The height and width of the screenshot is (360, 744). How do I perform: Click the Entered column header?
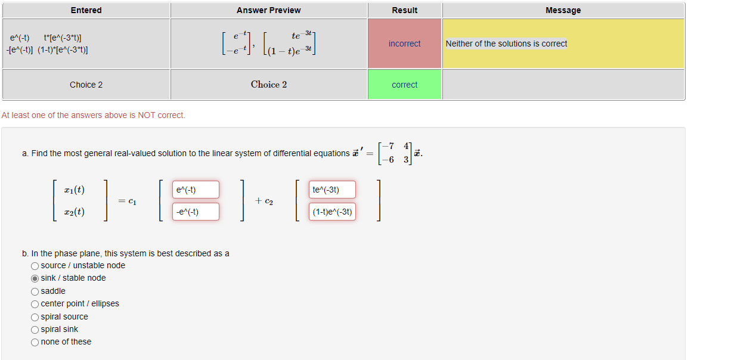86,10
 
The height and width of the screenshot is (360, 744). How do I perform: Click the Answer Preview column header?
268,10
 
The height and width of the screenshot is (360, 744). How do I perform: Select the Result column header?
404,10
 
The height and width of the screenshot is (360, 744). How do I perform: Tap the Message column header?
563,10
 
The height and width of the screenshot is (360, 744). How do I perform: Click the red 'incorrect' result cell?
404,44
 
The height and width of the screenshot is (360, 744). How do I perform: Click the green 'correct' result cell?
404,85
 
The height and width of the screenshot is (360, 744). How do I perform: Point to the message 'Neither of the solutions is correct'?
506,44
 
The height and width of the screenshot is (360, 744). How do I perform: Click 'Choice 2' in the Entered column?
86,85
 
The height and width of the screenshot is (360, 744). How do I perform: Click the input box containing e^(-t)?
196,190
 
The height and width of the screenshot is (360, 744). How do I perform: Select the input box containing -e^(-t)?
196,212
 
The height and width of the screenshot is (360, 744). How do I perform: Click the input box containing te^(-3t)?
332,190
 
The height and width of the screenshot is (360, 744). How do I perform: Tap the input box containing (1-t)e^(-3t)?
332,212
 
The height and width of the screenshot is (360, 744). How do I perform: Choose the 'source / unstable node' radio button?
35,266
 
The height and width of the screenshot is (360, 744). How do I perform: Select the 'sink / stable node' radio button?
35,278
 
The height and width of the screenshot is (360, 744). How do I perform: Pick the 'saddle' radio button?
35,291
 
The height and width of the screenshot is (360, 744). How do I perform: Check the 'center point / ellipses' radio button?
35,304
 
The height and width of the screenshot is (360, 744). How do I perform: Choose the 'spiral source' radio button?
35,317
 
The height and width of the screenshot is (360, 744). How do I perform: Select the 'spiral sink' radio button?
35,330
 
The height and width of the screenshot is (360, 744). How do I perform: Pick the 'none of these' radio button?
35,342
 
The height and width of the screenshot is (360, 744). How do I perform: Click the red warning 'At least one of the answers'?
93,115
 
